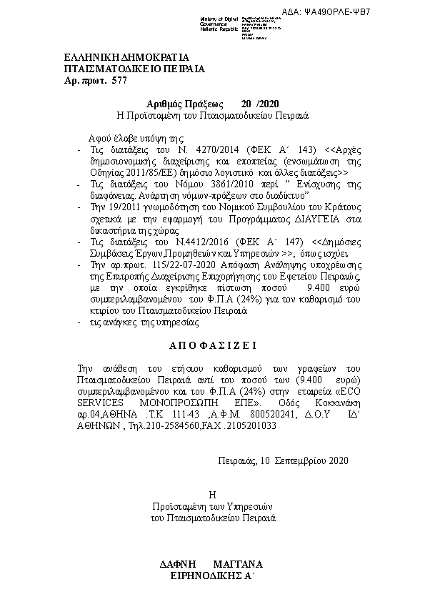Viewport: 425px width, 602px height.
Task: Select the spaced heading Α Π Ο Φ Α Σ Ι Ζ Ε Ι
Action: coord(211,343)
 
